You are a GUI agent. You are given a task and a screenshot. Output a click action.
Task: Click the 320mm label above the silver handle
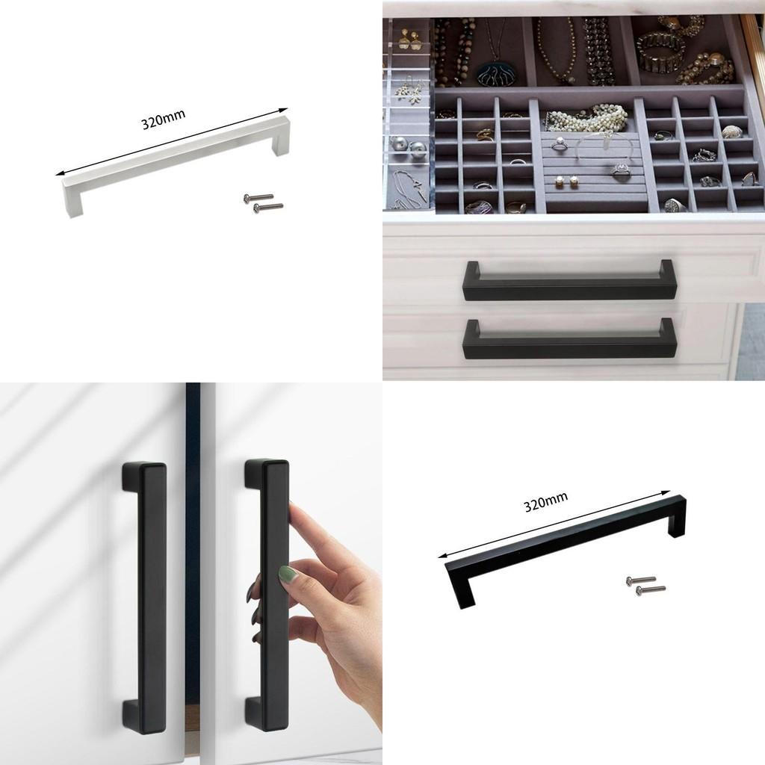click(x=164, y=119)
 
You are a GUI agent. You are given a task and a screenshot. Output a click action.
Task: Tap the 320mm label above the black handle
click(x=545, y=502)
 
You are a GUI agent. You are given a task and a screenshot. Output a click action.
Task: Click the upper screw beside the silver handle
click(x=258, y=197)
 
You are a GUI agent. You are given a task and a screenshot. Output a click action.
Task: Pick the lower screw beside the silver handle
click(x=268, y=206)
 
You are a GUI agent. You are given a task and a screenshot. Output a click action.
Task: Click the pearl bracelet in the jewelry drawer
click(x=587, y=118)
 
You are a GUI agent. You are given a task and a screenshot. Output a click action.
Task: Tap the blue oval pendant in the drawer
click(x=494, y=74)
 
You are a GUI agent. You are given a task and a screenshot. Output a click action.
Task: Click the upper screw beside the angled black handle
click(x=641, y=580)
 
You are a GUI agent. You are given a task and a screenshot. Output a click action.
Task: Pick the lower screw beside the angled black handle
click(x=651, y=590)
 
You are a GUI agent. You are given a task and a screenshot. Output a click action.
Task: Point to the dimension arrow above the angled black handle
click(x=554, y=524)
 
